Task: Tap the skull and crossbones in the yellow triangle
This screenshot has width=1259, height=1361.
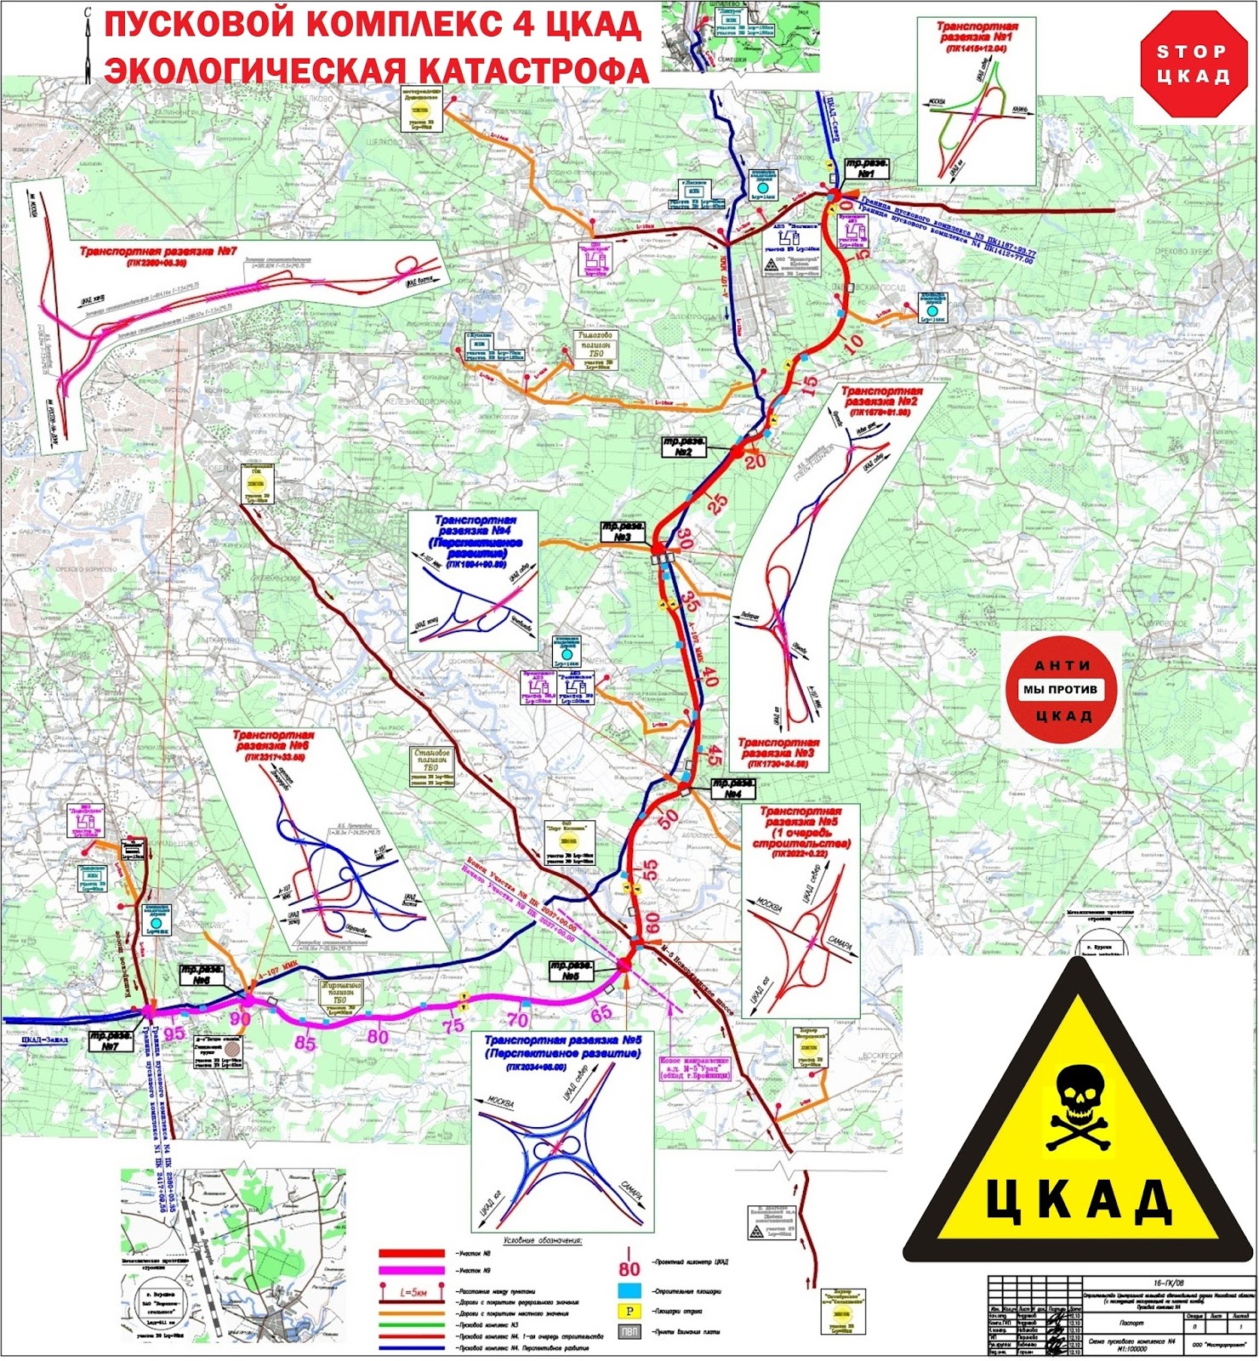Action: click(1080, 1110)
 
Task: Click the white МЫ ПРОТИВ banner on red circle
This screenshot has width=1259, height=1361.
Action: click(1060, 690)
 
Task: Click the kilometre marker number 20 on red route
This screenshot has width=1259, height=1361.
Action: click(755, 461)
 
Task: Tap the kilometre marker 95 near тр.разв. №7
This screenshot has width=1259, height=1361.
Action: click(174, 1033)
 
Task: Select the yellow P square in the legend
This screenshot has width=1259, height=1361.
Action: click(629, 1311)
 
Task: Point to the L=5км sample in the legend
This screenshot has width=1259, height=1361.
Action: click(413, 1292)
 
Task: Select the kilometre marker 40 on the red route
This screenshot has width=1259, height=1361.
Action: click(709, 677)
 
